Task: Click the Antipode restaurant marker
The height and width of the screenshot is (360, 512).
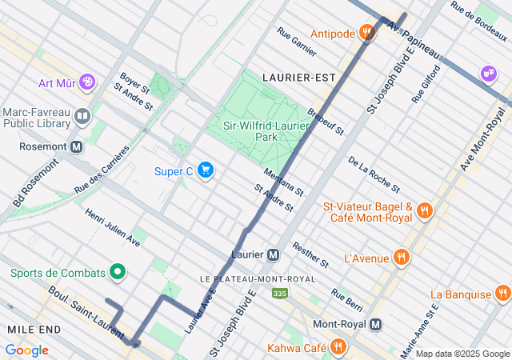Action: point(367,33)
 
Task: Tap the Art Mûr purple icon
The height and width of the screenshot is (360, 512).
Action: point(86,82)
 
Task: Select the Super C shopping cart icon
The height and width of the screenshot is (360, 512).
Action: point(206,170)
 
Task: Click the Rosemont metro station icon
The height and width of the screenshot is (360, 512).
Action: point(77,146)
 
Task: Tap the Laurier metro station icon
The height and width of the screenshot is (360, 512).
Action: point(273,254)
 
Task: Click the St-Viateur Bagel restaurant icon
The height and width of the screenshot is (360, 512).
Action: point(424,212)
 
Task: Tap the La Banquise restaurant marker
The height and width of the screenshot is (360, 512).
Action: point(502,294)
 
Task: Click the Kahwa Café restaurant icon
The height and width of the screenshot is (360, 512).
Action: point(338,348)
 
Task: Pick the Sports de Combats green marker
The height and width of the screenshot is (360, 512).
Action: point(118,273)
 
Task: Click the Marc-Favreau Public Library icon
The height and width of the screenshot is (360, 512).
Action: point(81,118)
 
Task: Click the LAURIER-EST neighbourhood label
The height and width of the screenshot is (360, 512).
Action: point(298,78)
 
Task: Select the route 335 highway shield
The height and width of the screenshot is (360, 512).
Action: point(279,294)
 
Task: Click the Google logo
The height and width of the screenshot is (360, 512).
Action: point(26,350)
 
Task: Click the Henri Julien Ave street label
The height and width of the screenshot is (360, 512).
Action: point(112,226)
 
